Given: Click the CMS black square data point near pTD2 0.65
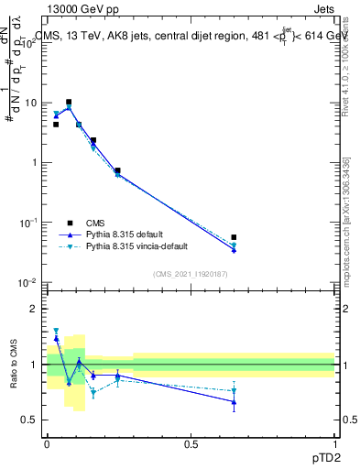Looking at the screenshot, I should tap(234, 237).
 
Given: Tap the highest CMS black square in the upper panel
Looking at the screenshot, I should tap(69, 103).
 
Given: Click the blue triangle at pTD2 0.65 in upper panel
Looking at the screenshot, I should tap(234, 249).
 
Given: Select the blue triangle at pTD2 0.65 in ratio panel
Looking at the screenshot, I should tap(234, 401).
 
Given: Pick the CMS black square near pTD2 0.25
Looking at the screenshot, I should tap(118, 170).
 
